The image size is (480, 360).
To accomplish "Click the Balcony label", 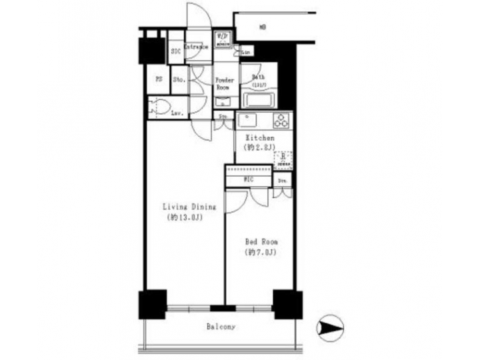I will [x=221, y=327].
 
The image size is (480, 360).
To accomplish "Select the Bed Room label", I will [x=261, y=241].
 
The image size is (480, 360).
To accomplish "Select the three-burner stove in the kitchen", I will [x=281, y=121].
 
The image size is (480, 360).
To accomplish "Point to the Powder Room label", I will [x=223, y=83].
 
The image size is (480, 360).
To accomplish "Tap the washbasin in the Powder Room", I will [x=223, y=101].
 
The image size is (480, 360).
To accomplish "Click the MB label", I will [x=262, y=27].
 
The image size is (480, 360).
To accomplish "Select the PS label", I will [x=159, y=80].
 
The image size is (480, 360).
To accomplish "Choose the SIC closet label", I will [x=177, y=51].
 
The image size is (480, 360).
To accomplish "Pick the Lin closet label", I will [x=246, y=51].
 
